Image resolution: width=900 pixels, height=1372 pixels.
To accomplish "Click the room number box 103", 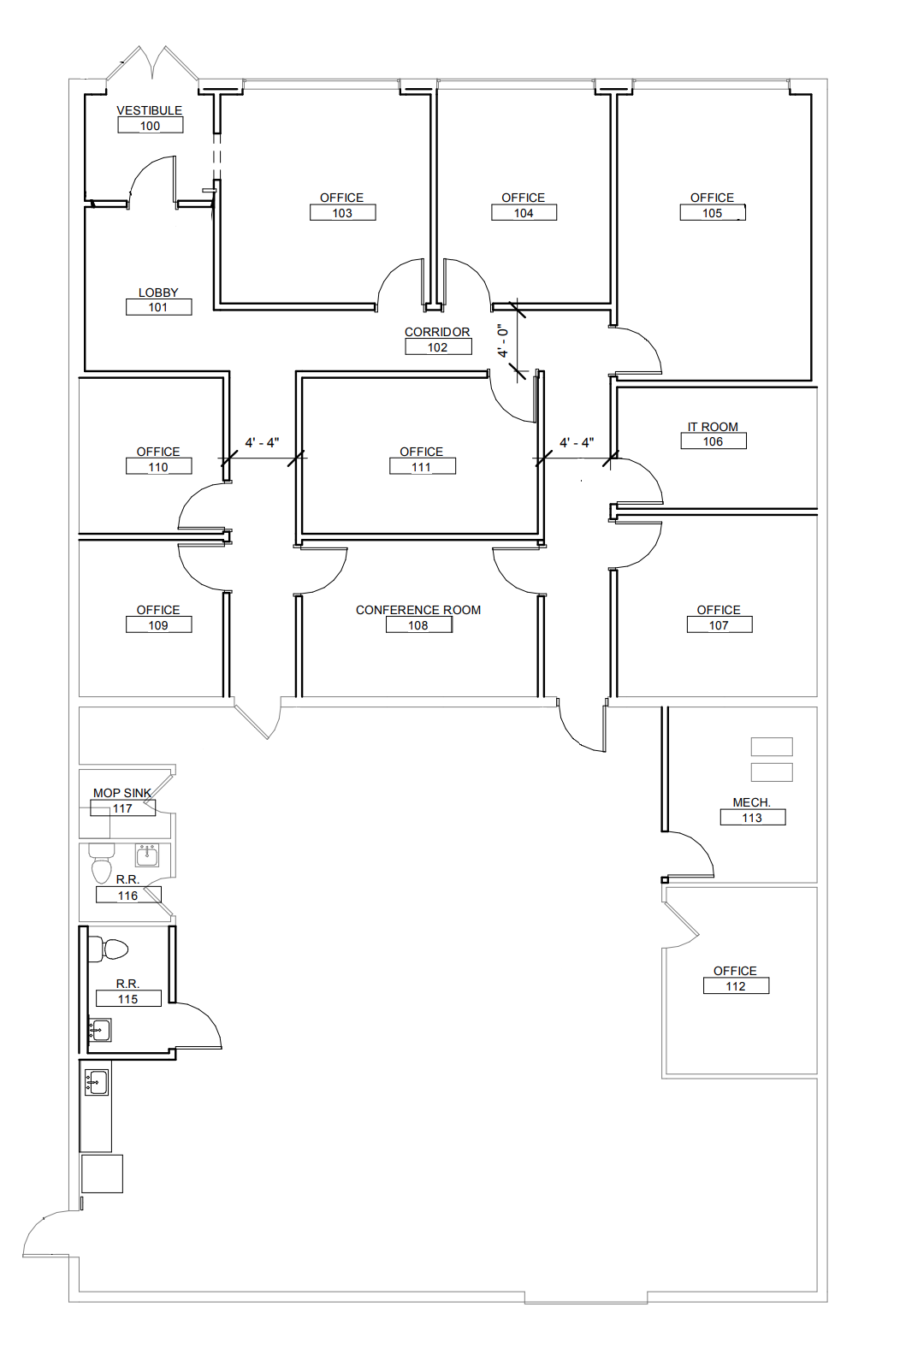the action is coord(342,212).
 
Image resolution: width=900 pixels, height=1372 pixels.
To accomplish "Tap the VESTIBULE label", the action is coord(150,110).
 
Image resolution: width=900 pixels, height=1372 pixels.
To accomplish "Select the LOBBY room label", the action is coord(158,293).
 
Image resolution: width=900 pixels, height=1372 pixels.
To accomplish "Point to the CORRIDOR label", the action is coord(437,331).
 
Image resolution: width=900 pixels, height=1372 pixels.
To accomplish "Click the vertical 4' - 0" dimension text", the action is coord(503,340).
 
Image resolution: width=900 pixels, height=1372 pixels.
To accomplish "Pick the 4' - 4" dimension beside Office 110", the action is coord(263,442).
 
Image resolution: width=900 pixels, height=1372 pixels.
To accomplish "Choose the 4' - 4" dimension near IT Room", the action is coord(577,442).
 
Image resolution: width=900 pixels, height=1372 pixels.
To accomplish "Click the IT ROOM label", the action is coord(713,426).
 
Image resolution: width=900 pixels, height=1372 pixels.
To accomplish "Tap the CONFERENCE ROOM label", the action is coord(418,609).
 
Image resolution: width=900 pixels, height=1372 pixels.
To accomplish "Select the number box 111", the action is coord(422,467).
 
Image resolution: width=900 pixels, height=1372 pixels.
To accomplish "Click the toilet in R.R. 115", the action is coord(108,949).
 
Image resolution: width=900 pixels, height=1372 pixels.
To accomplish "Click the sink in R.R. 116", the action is coord(147,855).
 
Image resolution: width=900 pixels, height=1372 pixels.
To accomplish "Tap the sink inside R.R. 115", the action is coord(100,1030).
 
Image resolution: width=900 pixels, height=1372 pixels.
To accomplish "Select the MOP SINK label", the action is coord(122,793).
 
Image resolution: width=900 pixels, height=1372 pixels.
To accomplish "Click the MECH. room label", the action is coord(752,801).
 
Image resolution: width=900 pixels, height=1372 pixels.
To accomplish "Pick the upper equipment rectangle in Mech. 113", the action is coord(772,747).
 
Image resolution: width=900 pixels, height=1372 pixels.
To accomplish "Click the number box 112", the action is coord(736,985).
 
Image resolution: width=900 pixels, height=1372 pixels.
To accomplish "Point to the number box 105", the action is coord(713,212).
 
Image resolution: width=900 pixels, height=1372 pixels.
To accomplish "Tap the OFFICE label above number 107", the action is coord(719,609).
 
